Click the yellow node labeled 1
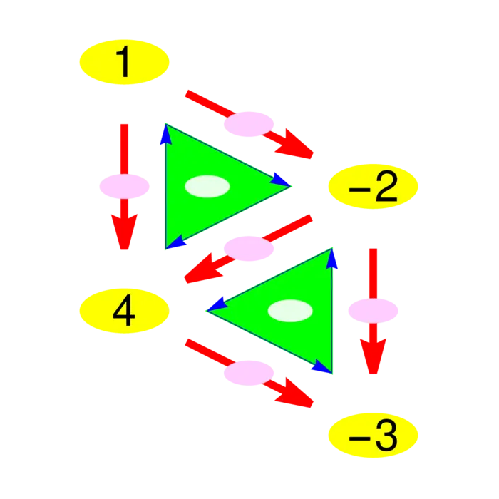click(x=124, y=62)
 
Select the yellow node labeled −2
click(x=373, y=186)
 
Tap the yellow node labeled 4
click(x=124, y=311)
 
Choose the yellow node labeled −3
click(x=373, y=434)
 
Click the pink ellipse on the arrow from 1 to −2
click(x=249, y=124)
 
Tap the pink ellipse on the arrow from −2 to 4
click(x=249, y=248)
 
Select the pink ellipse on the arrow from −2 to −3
click(x=373, y=310)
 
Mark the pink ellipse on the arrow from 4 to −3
click(x=249, y=372)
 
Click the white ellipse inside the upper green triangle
click(x=207, y=186)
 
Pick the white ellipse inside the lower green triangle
click(x=290, y=311)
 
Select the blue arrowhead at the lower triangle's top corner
click(x=331, y=258)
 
